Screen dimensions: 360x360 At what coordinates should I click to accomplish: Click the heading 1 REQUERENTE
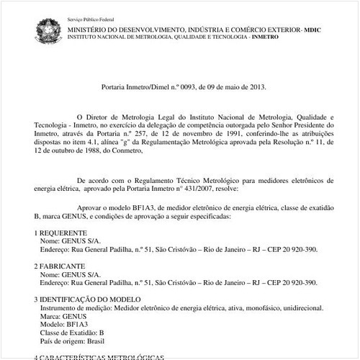coord(61,233)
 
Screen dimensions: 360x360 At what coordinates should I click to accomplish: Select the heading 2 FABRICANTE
coord(60,266)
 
